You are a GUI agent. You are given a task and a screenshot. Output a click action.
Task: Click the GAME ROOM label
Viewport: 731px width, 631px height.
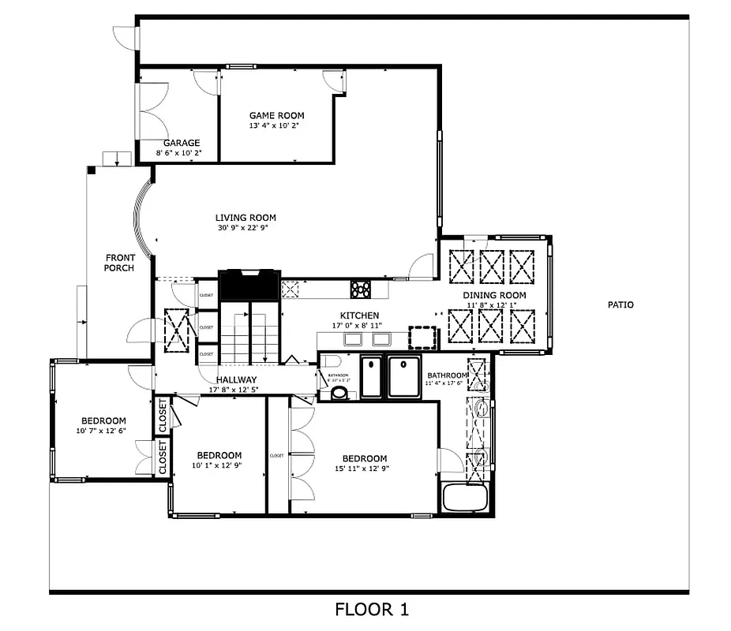[276, 115]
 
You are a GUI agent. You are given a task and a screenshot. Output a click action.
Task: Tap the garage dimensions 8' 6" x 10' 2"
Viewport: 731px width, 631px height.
[182, 153]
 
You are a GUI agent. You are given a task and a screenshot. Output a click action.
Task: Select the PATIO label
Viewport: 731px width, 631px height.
[620, 304]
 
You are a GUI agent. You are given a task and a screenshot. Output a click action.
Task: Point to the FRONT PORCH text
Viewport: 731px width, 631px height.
[120, 263]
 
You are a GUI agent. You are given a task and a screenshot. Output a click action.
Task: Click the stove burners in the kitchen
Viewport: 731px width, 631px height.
[361, 289]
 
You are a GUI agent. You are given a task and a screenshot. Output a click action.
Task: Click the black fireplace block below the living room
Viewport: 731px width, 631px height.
[249, 285]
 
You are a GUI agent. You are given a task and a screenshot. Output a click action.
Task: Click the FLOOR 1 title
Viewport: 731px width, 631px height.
[372, 610]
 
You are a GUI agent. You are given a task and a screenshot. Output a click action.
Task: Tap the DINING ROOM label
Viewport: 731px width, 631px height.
[494, 296]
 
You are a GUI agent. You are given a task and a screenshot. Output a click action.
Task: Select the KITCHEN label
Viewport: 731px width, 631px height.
[360, 315]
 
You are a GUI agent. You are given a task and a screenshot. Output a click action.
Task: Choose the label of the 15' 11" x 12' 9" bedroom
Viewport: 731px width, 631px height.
[364, 458]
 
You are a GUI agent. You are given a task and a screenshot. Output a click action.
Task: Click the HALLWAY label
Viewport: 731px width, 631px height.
[231, 379]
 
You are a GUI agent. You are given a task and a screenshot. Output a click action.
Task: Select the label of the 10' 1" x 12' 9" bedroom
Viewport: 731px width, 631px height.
[219, 455]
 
